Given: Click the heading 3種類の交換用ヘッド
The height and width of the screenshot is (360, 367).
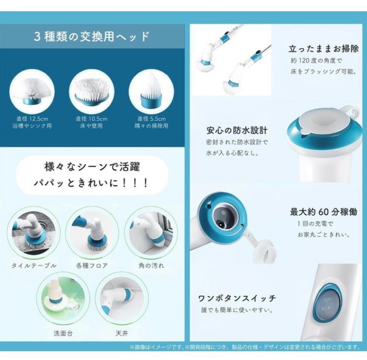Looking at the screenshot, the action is coord(92,36).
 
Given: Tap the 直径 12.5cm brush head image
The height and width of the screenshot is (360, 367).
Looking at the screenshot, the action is coord(32,90).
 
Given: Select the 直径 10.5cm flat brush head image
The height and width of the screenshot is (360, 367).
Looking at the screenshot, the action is coord(92,90).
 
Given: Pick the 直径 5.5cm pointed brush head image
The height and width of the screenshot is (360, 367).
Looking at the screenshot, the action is coord(151,90).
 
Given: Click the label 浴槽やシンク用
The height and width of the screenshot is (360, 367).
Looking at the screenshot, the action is coord(32,126).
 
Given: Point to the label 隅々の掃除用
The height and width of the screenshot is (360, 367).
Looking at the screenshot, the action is coord(151,126).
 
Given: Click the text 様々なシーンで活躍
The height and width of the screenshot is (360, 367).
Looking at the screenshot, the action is coord(92,167).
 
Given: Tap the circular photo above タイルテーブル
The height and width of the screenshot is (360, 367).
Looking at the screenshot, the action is coord(34,233).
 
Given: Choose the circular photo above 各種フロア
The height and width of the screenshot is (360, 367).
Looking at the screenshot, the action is coord(92,233).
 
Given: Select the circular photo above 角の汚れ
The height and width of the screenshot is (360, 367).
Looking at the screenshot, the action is coord(151,233).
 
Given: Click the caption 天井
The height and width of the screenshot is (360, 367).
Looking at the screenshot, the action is coord(122,333).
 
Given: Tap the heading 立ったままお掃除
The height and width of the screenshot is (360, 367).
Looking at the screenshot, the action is coord(323,49).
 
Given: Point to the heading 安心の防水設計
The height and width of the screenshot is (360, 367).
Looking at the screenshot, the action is coord(237,130).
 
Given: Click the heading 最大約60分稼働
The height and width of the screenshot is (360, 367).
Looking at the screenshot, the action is coord(323,212).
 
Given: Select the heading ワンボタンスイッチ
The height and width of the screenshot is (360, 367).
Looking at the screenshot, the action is coord(237,298).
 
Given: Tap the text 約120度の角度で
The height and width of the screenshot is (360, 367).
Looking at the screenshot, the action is coord(317,61).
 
